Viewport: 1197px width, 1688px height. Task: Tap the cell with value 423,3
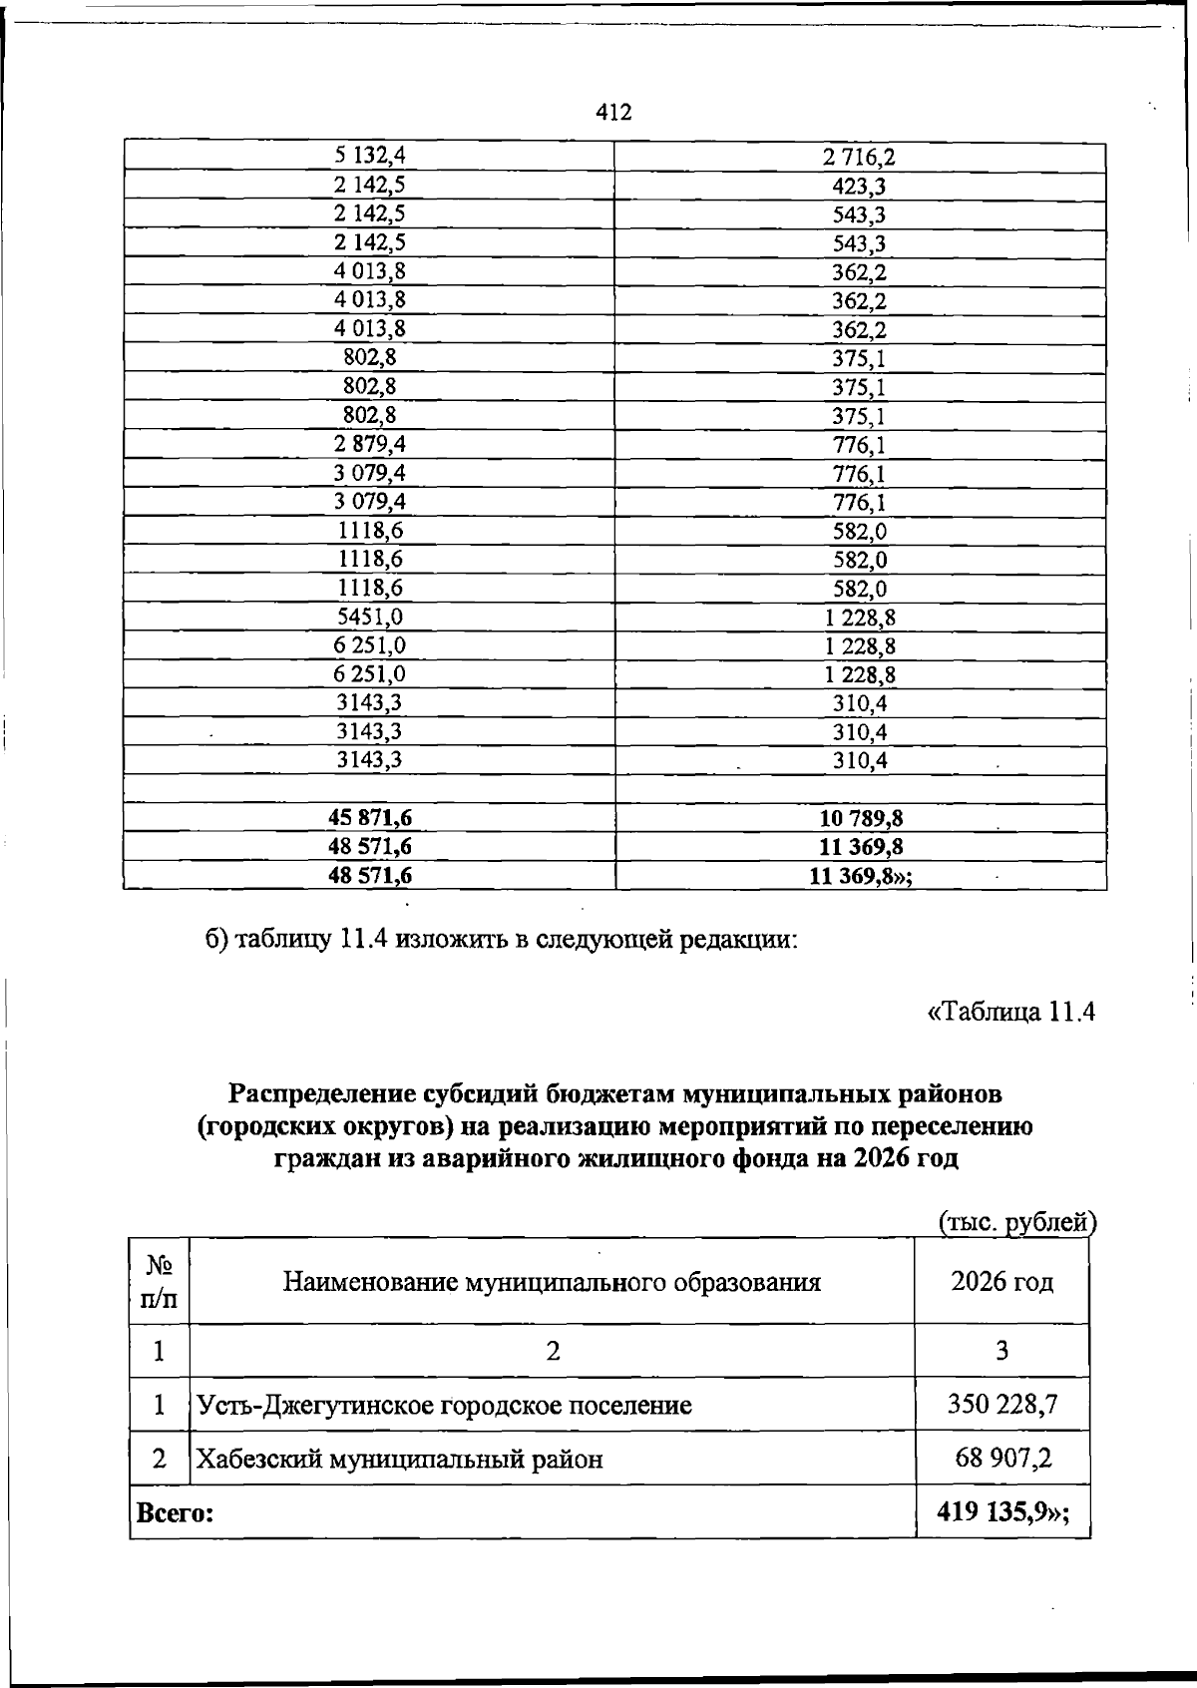click(859, 187)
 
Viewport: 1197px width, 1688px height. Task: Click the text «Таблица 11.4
click(1010, 1012)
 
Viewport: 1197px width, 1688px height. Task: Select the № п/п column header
click(159, 1282)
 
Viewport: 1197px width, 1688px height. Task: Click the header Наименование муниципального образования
click(552, 1282)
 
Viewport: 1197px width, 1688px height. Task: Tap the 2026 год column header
click(1001, 1282)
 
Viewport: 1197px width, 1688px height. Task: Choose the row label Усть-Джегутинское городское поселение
click(444, 1407)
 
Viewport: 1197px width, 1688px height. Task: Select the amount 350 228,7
click(1001, 1406)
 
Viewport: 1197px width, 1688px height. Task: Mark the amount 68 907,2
click(1001, 1460)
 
